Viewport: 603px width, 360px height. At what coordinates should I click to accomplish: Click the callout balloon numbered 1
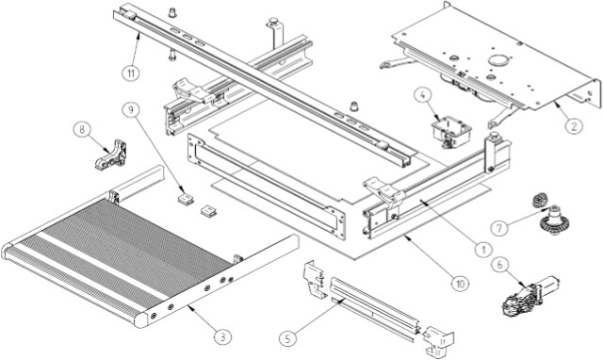[483, 249]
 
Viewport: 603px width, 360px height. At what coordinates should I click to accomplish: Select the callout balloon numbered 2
[574, 125]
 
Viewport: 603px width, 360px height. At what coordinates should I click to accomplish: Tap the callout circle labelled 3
[223, 336]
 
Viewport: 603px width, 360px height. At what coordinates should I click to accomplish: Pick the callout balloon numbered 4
[423, 95]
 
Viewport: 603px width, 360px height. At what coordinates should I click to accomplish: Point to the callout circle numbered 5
[288, 338]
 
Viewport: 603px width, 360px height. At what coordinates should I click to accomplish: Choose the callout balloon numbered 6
[499, 264]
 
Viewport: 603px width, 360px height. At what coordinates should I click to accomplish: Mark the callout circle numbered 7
[499, 228]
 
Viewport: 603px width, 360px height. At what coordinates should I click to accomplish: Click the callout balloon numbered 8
[82, 130]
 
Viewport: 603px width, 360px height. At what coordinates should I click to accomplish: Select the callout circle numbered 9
[131, 110]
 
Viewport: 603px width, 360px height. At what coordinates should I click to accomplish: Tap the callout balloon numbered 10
[461, 284]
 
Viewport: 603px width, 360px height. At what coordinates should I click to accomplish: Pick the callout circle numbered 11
[131, 73]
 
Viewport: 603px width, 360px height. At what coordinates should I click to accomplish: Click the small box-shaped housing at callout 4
[451, 133]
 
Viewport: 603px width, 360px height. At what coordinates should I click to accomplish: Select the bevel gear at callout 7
[554, 221]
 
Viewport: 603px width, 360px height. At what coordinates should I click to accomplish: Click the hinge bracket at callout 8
[111, 155]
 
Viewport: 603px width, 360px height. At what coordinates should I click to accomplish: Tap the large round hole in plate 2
[498, 60]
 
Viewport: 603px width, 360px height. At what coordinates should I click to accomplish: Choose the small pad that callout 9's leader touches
[186, 199]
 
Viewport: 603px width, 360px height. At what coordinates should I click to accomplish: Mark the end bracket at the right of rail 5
[438, 341]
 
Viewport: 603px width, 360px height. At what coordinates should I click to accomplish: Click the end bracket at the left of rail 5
[317, 281]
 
